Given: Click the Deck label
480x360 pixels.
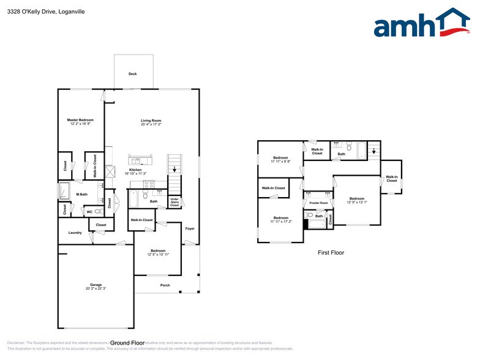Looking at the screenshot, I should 132,73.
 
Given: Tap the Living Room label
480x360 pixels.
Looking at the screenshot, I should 151,121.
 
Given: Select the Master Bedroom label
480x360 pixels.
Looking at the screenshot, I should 80,119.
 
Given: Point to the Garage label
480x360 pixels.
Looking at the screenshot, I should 96,285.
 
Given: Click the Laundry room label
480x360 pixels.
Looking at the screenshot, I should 75,233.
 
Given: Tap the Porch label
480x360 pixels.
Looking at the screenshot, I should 165,285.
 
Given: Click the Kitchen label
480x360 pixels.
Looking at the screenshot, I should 135,170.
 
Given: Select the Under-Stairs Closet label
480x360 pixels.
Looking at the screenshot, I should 174,202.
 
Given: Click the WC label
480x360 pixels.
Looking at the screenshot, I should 89,212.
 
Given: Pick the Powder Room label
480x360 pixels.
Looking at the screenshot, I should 318,203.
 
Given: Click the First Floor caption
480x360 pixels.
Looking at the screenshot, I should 331,252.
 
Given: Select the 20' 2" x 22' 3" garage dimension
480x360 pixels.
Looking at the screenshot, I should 96,289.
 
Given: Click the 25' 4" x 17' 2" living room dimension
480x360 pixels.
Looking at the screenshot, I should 151,125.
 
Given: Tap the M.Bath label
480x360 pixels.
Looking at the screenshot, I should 82,195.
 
